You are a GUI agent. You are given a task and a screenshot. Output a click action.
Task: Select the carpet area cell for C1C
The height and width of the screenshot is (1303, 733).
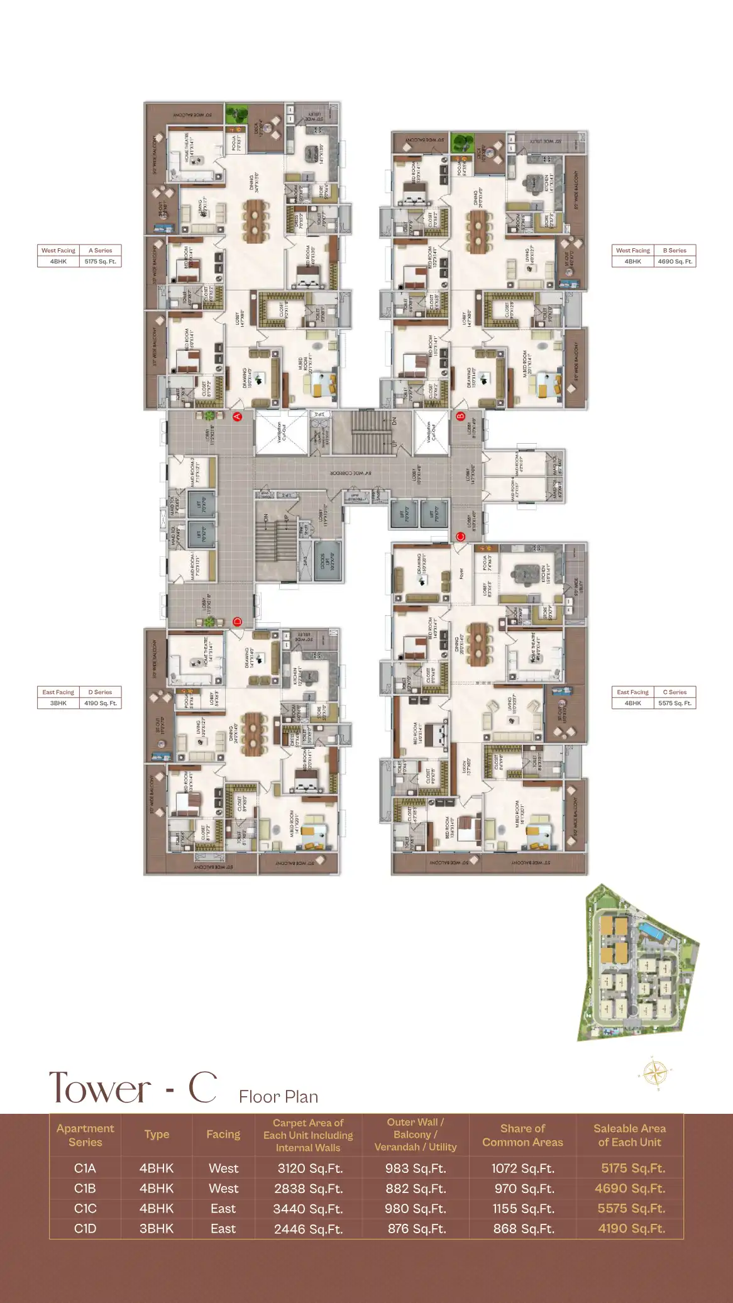308,1209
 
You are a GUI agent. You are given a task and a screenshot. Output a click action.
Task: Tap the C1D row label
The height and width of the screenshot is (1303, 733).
85,1229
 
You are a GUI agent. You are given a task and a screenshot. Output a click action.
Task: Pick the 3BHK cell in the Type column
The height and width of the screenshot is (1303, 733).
157,1229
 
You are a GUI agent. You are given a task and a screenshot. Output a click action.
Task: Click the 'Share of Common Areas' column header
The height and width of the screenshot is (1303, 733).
522,1135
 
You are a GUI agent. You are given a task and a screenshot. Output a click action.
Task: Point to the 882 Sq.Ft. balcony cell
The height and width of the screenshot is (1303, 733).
416,1189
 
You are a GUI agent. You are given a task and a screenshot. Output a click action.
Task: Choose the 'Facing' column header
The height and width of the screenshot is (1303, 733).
223,1135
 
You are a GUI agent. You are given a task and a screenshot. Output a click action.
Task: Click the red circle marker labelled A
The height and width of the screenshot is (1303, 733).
238,416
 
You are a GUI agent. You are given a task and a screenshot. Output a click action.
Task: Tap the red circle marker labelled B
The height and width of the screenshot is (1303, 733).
460,416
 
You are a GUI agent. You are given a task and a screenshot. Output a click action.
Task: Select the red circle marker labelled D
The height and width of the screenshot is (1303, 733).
238,622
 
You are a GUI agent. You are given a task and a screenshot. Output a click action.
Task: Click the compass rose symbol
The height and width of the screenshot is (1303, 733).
654,1072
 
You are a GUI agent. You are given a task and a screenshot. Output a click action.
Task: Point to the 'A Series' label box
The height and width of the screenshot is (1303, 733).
100,250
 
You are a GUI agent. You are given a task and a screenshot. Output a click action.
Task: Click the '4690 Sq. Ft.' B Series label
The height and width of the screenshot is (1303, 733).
675,261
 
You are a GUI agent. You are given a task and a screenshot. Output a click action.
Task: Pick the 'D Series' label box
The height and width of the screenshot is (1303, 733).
100,692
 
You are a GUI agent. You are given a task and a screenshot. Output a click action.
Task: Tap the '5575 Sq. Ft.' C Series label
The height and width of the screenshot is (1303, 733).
675,703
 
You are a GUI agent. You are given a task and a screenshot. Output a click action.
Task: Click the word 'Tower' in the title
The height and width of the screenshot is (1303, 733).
100,1089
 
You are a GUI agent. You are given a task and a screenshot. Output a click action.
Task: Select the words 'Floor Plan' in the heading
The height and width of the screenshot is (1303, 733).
278,1097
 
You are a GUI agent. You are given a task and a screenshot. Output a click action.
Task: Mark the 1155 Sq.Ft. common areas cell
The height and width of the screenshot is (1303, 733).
522,1209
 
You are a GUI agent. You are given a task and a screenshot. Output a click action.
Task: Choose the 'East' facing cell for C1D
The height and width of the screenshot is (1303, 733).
223,1229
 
